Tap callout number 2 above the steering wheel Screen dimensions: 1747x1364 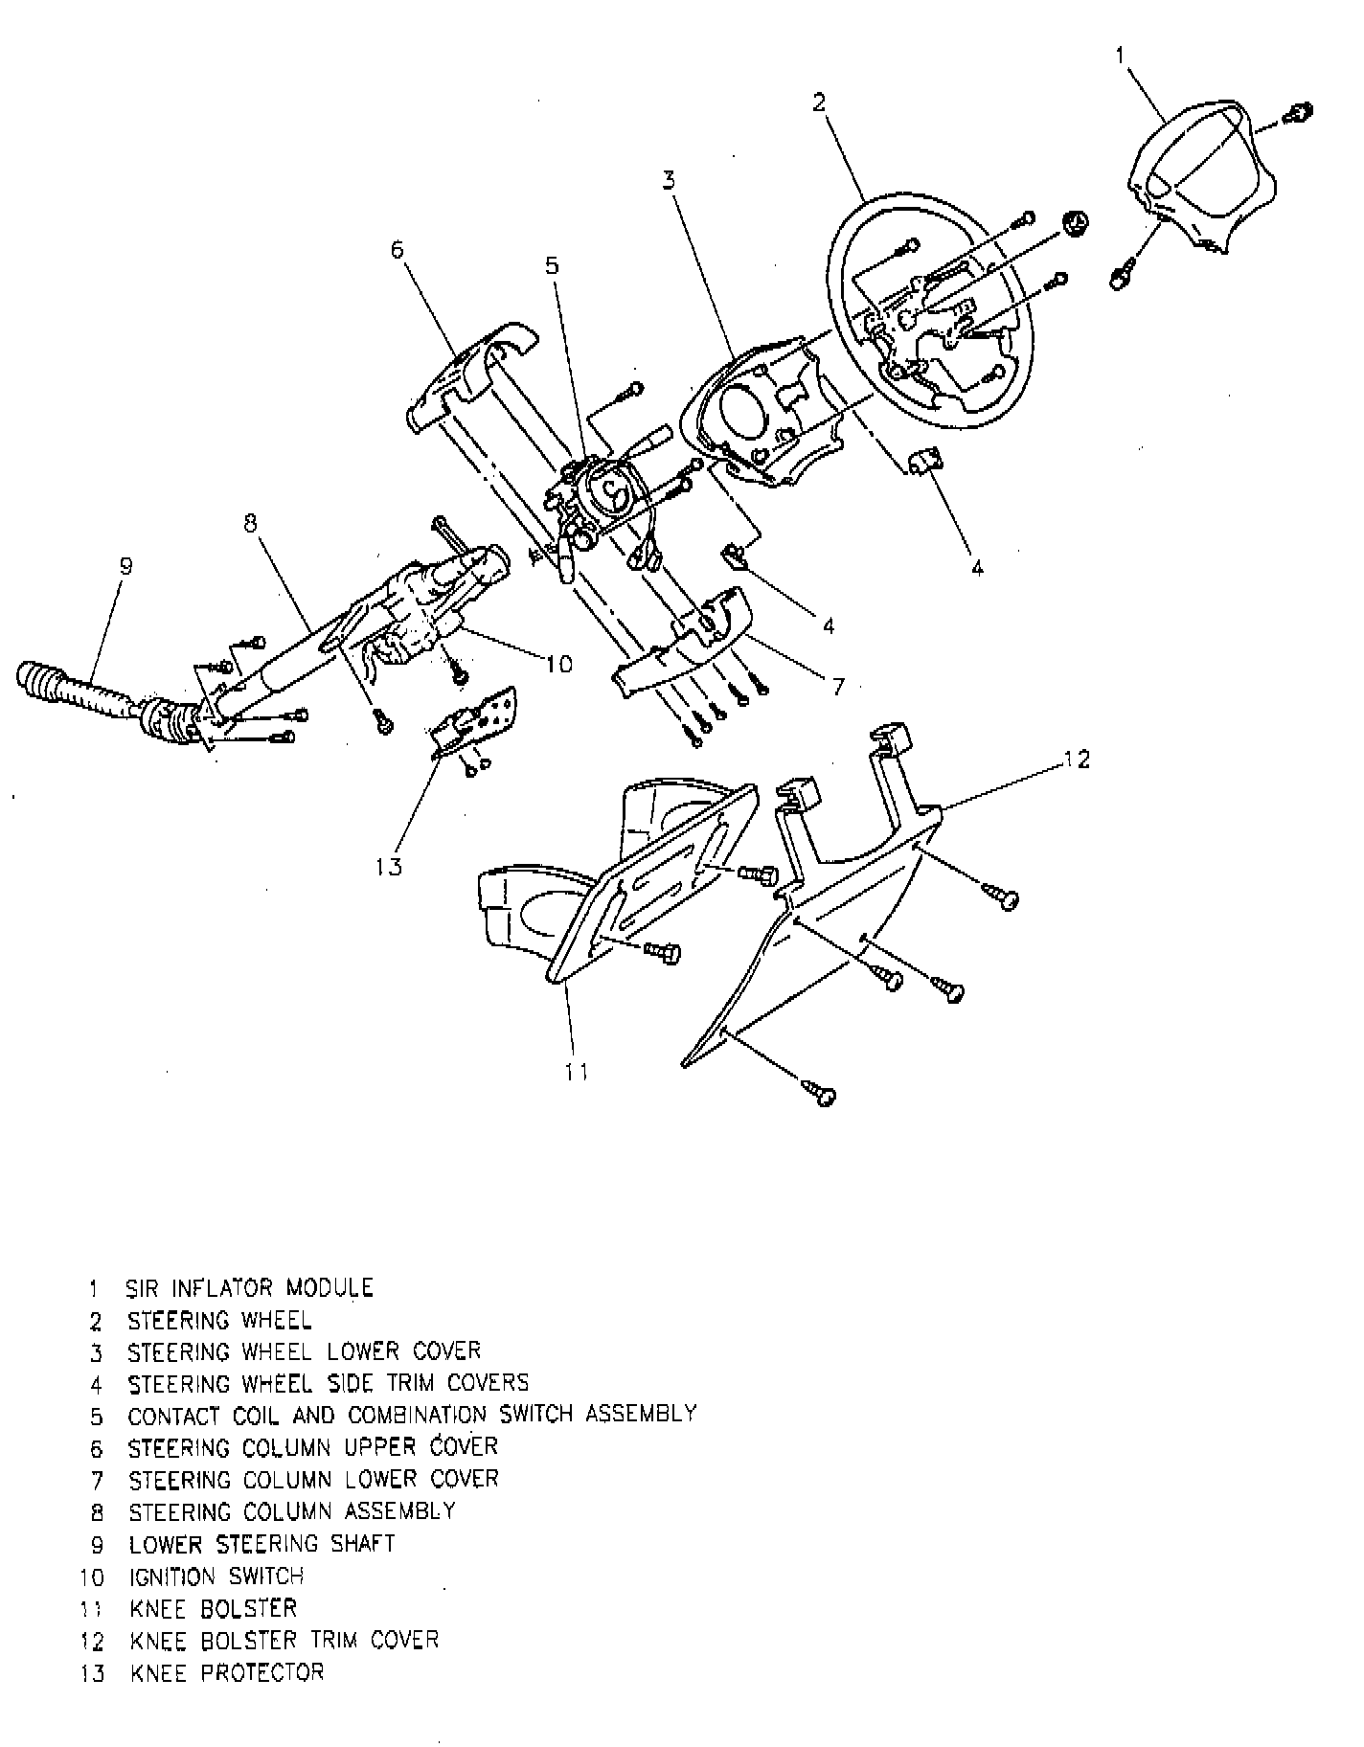(x=819, y=102)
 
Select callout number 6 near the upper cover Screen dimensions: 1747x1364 (x=398, y=250)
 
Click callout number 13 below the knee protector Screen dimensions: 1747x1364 (x=390, y=867)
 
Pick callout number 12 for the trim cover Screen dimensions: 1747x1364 (x=1077, y=760)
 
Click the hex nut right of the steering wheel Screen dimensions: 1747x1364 (x=1078, y=227)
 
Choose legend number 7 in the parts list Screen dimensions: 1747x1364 (x=96, y=1481)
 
